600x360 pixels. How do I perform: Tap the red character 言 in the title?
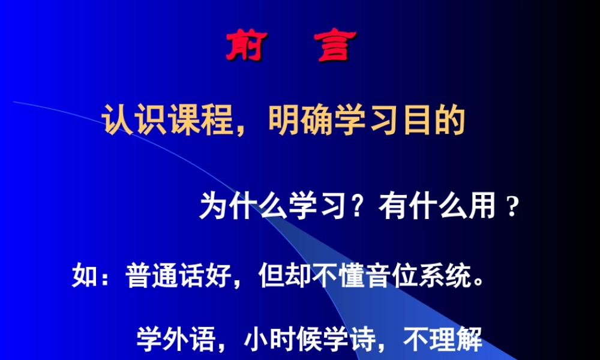(x=334, y=46)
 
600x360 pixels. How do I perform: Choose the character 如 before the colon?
(x=85, y=277)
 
